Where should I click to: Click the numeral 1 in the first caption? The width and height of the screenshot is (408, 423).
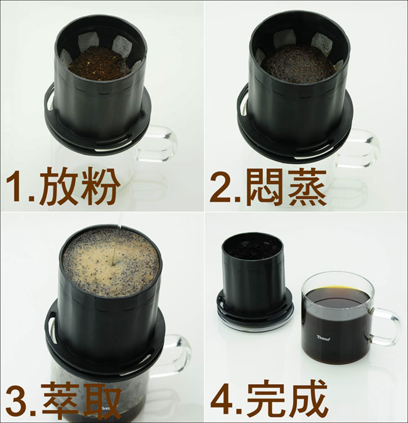tap(14, 187)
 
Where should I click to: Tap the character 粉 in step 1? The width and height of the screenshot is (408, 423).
tap(99, 186)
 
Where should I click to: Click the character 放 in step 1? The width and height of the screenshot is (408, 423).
tap(58, 186)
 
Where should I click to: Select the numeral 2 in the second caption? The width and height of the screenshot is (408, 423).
tap(220, 187)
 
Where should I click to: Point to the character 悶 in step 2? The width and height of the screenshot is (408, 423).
tap(266, 186)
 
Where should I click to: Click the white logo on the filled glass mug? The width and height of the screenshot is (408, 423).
tap(323, 338)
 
